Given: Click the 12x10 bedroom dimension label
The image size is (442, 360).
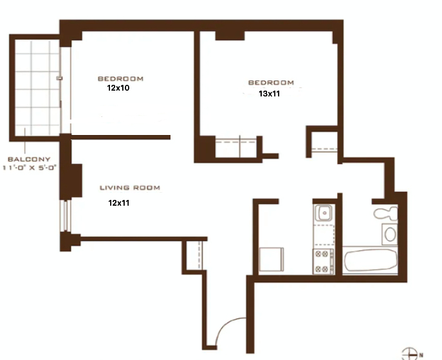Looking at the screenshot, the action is click(x=118, y=88).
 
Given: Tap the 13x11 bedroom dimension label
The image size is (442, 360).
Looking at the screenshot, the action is click(x=269, y=94).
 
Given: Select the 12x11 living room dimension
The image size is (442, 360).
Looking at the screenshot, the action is click(x=118, y=203).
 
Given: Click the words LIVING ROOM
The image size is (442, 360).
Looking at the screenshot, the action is click(x=130, y=188).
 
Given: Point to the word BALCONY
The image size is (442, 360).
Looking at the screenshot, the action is click(x=29, y=159).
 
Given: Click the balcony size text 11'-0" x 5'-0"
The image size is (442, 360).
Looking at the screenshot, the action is click(x=30, y=168).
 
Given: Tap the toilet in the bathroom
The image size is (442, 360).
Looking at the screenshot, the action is click(x=385, y=213).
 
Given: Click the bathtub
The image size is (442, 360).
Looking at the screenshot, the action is click(x=370, y=260).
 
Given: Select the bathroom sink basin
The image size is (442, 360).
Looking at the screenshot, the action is click(x=390, y=234).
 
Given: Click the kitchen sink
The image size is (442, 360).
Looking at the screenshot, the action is click(x=324, y=213).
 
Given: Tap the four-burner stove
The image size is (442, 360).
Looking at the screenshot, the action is click(x=323, y=262).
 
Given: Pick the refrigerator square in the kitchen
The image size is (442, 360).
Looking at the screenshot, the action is click(x=271, y=260).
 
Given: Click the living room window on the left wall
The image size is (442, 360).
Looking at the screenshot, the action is click(x=66, y=215).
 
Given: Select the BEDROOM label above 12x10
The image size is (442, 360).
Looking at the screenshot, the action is click(x=120, y=79).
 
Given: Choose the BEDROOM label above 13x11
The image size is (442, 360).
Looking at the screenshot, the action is click(x=271, y=82).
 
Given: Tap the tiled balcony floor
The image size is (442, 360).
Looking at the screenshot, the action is click(x=37, y=87).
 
